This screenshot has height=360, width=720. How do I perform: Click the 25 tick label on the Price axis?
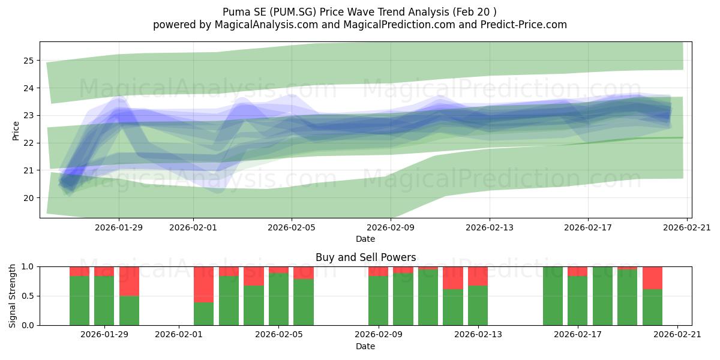coord(28,61)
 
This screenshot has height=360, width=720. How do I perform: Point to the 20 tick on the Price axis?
coord(28,198)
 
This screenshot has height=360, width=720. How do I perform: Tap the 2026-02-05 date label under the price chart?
coord(292,227)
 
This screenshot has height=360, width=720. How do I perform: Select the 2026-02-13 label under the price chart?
coord(490,227)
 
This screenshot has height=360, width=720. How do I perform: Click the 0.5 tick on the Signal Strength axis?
coord(28,296)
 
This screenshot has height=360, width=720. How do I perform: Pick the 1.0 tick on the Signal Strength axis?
coord(28,266)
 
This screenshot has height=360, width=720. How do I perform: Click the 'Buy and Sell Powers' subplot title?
coord(366,257)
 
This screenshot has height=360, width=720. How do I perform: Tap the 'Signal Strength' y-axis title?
coord(12,296)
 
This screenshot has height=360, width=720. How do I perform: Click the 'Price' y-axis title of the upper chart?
coord(16,131)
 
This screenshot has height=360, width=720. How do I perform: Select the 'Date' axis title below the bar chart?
coord(365,346)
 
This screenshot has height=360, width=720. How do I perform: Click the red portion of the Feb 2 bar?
coord(203,284)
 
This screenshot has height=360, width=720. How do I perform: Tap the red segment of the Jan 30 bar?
coord(129,281)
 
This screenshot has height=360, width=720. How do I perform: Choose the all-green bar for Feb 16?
coord(553,296)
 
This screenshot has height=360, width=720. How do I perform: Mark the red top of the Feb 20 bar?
coord(653,278)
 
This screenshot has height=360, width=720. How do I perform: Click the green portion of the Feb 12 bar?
coord(453,307)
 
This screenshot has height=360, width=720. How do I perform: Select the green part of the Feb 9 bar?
coord(379,301)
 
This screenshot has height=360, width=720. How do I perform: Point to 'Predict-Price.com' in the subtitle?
coord(524,25)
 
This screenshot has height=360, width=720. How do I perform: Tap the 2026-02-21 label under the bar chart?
coord(677,334)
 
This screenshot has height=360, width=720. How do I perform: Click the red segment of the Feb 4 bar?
coord(254,276)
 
